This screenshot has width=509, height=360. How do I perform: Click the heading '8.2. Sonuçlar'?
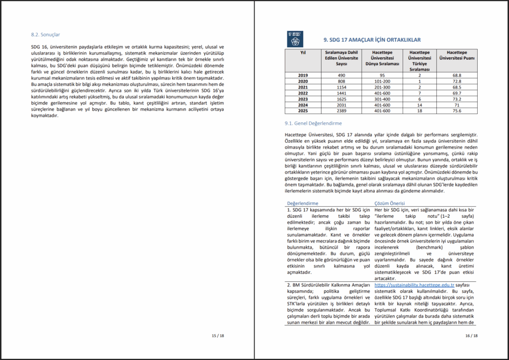click(45, 35)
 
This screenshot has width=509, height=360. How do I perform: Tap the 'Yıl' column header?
click(303, 52)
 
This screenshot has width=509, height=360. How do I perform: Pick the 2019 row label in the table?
click(303, 75)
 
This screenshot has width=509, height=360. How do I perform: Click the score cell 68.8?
click(456, 75)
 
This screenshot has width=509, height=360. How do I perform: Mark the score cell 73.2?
click(456, 98)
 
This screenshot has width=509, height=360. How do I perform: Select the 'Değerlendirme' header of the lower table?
click(302, 203)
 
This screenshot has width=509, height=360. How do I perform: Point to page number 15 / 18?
click(217, 336)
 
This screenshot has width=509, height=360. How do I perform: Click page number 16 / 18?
click(471, 336)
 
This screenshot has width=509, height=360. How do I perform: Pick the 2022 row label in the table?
click(303, 92)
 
